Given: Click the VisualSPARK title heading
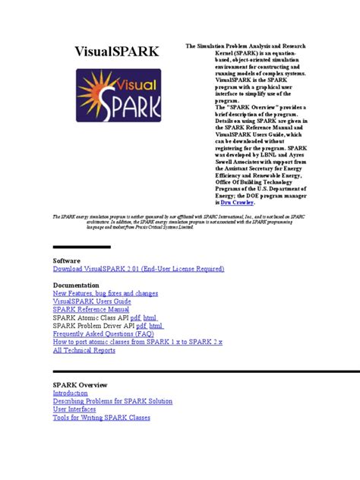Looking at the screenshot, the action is (x=116, y=52).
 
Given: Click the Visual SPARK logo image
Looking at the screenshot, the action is (x=116, y=106).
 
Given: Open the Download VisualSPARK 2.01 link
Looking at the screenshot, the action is (x=138, y=269).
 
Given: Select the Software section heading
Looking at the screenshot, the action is (x=66, y=260).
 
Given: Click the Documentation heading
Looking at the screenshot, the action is (x=77, y=284).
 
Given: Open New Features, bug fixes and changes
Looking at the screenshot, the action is (x=105, y=293).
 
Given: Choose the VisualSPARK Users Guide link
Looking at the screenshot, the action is (x=91, y=302).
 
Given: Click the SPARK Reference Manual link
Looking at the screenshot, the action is (x=90, y=310).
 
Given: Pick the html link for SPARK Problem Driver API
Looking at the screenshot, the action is (x=156, y=326).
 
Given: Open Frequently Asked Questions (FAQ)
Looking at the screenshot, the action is (x=103, y=334).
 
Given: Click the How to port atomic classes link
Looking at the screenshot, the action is (x=137, y=343).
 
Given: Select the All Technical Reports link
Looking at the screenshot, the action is (x=84, y=351).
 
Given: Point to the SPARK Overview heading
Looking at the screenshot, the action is (x=80, y=385).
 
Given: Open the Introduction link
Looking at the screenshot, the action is (x=70, y=393).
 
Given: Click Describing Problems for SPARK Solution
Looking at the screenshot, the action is (x=112, y=401).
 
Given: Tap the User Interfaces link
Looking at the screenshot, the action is (x=74, y=409).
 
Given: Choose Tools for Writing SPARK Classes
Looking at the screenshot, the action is (x=101, y=418).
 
